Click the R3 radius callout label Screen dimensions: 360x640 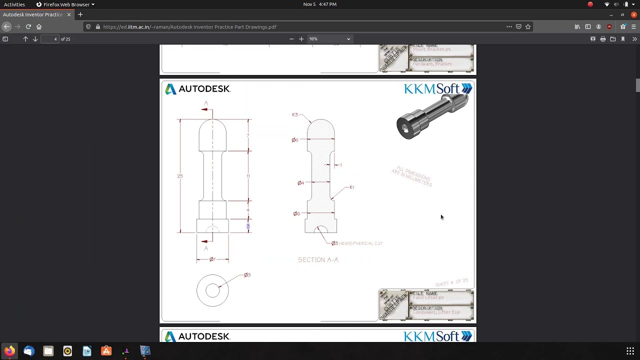click(294, 115)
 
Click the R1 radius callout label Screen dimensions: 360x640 click(351, 187)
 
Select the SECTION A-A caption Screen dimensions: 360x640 click(318, 260)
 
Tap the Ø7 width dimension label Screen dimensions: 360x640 click(212, 259)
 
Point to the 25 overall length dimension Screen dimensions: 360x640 click(180, 176)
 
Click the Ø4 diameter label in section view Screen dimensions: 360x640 click(300, 183)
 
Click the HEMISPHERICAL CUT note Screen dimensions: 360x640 click(360, 243)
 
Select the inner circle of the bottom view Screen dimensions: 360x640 click(212, 290)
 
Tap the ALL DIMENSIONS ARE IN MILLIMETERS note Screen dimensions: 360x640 click(411, 176)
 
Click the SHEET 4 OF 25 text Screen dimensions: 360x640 click(451, 283)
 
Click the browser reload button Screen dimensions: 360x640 click(28, 26)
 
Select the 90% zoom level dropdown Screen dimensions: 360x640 click(328, 39)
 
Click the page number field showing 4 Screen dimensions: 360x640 click(49, 39)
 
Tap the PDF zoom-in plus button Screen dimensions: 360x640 click(301, 39)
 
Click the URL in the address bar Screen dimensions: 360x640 click(189, 27)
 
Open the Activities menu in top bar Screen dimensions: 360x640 click(14, 4)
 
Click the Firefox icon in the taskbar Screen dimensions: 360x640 click(9, 351)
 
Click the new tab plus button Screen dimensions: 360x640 click(80, 14)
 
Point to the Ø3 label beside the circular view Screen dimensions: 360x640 click(247, 275)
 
